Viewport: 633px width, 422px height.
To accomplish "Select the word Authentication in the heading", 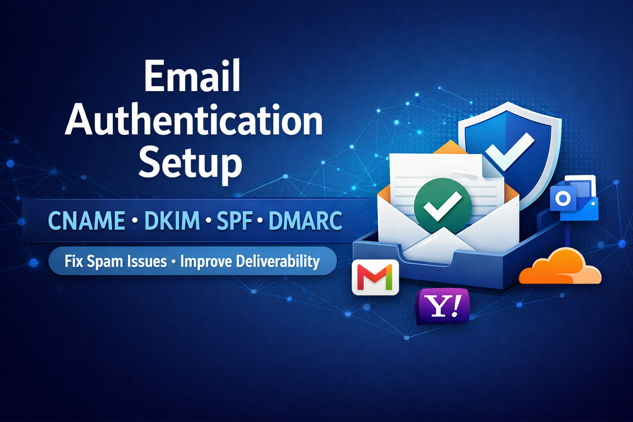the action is (x=194, y=122).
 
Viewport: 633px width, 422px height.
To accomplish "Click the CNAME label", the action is (x=87, y=220).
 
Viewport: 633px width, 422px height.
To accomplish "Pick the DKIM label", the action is (x=172, y=220).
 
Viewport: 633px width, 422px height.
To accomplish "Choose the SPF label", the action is (x=234, y=220).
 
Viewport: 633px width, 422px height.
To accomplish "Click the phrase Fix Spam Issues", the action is (x=115, y=261).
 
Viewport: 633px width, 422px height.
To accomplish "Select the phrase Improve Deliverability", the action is (x=250, y=261).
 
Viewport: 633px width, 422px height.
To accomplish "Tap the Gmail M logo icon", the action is (x=375, y=277).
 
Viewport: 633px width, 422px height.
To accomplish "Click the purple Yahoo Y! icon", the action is (x=443, y=306).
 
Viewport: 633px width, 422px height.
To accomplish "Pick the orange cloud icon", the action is (x=560, y=267).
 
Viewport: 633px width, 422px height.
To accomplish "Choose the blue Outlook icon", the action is (x=574, y=198).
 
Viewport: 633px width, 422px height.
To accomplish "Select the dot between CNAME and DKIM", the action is (x=135, y=221).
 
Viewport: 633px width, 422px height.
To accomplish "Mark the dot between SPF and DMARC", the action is (x=260, y=221).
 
